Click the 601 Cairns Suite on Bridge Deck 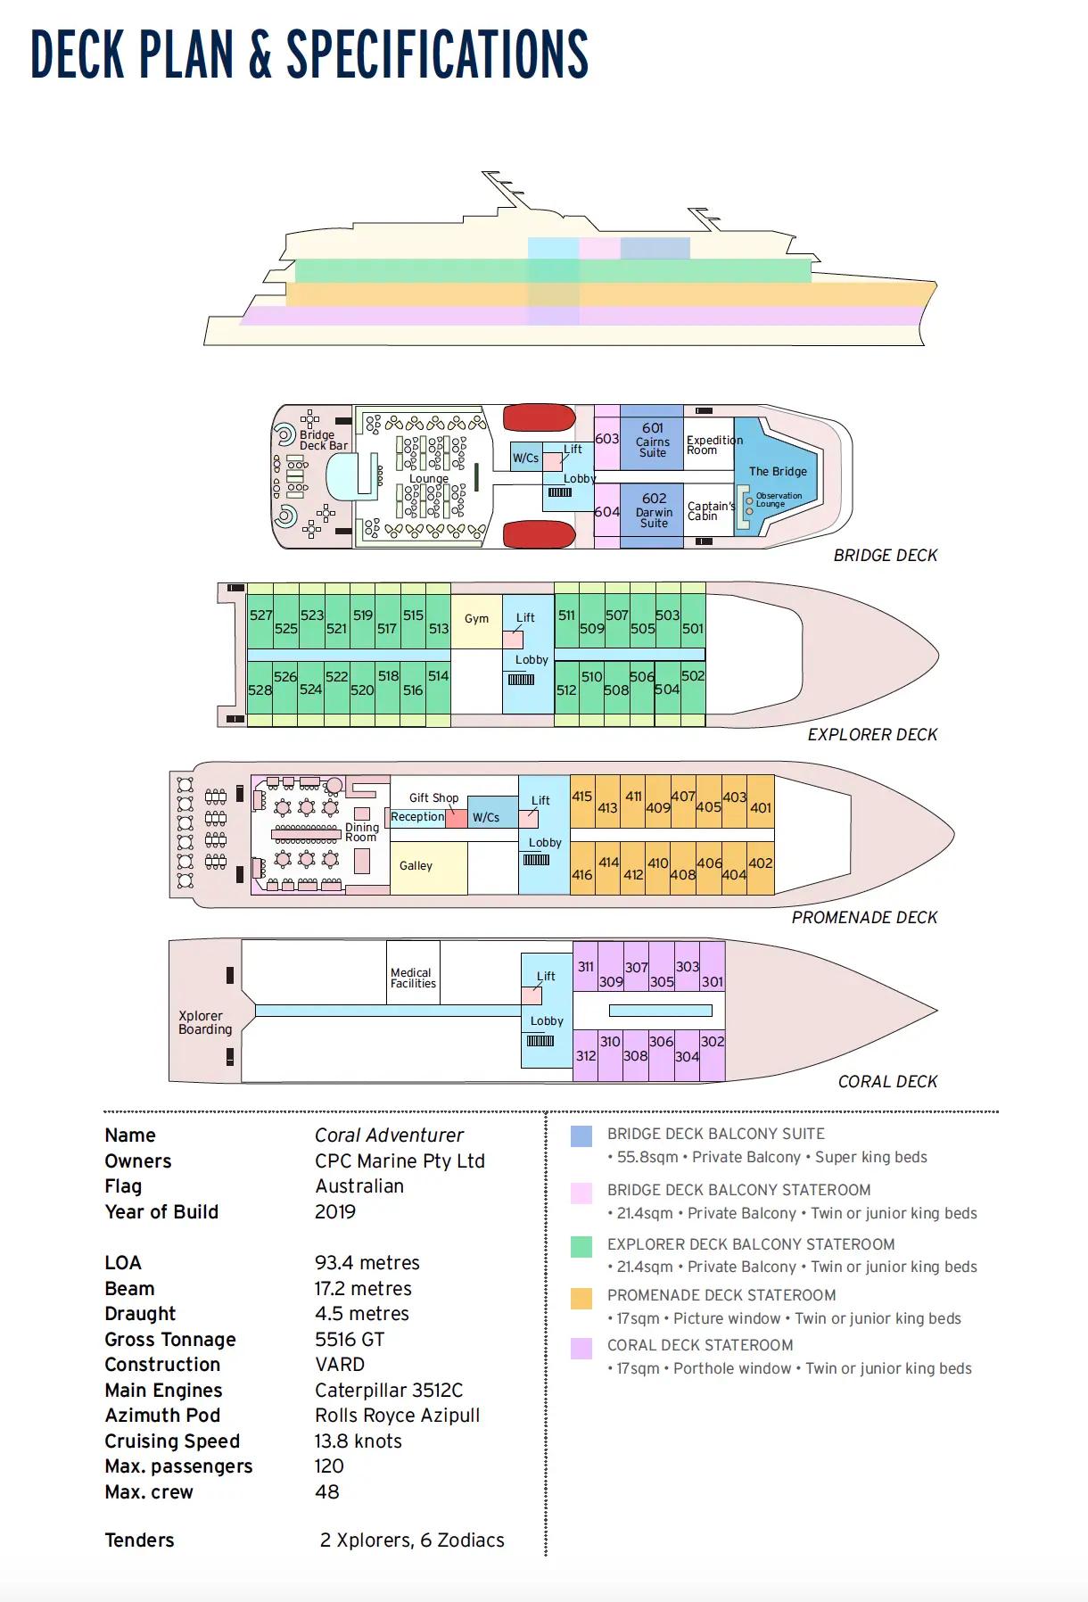point(652,441)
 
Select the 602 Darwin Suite point(654,510)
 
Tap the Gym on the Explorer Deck point(476,618)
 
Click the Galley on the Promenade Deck point(416,865)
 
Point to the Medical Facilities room point(413,979)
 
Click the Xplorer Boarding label point(204,1022)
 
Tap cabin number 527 point(260,615)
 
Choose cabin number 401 point(761,808)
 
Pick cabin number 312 point(585,1056)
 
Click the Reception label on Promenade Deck point(417,817)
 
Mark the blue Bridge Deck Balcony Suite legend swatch point(581,1135)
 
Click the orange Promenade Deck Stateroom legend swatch point(581,1298)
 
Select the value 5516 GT point(349,1340)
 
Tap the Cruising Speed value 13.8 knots point(358,1441)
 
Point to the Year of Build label point(161,1212)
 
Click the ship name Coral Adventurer point(389,1135)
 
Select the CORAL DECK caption point(887,1082)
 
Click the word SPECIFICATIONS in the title point(437,54)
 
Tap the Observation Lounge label point(778,500)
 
